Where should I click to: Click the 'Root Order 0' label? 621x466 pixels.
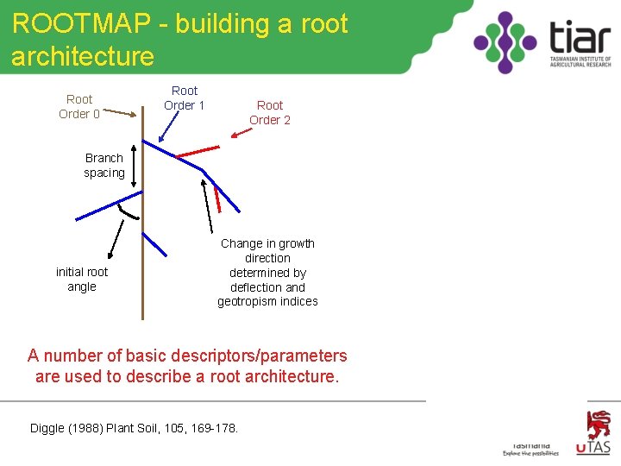pyautogui.click(x=79, y=106)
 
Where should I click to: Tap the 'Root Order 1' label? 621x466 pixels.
pyautogui.click(x=184, y=98)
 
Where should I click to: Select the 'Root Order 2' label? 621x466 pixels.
pyautogui.click(x=270, y=112)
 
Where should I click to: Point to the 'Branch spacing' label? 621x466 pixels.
pyautogui.click(x=104, y=165)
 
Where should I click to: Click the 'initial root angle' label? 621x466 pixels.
pyautogui.click(x=82, y=279)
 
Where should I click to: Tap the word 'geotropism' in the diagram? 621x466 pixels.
pyautogui.click(x=247, y=301)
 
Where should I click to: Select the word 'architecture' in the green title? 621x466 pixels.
pyautogui.click(x=83, y=57)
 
